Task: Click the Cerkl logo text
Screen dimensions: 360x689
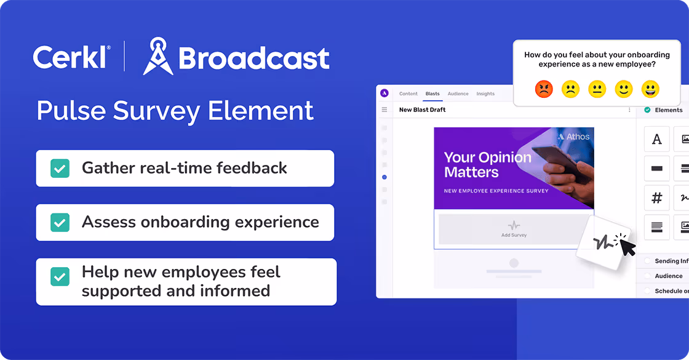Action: point(71,57)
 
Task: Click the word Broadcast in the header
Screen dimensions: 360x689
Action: point(253,58)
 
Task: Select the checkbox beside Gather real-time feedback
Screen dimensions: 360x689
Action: point(60,168)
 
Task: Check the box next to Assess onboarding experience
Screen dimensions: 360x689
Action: point(60,222)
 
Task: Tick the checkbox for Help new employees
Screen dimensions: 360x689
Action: point(60,276)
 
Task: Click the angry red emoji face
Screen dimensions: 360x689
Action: point(544,90)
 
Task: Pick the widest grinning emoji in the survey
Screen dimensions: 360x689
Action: point(650,90)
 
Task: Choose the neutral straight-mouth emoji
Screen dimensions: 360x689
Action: point(597,90)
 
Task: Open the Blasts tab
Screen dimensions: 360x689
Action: point(432,94)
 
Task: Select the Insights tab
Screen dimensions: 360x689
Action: point(485,94)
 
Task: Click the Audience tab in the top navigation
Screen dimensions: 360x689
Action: point(458,94)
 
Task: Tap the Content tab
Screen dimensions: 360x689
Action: point(408,94)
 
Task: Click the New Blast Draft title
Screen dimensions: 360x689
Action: point(422,110)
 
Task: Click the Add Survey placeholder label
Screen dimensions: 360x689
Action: point(514,235)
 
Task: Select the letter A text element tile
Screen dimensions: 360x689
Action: point(656,139)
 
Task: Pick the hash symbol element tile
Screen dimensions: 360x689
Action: point(656,198)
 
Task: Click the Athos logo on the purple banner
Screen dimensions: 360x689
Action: point(573,137)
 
